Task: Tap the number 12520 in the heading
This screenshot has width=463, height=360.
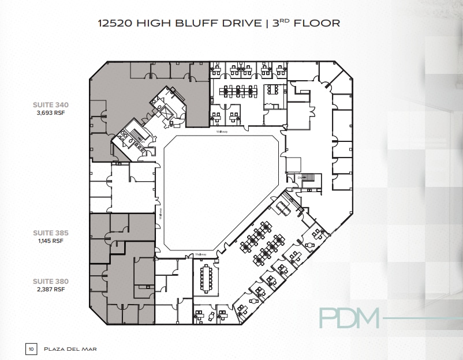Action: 117,24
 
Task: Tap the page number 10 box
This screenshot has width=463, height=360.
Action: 31,348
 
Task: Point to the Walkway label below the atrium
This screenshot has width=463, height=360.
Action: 200,254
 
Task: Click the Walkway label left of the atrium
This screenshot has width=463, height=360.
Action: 161,211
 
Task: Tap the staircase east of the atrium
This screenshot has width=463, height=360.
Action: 307,178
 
